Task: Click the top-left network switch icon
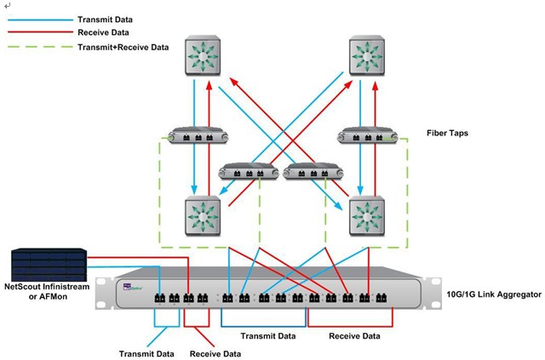pos(204,57)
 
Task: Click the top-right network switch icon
pos(367,57)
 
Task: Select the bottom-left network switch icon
pos(204,216)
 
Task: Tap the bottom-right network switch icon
pos(367,216)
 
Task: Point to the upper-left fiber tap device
pos(196,136)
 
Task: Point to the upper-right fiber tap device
pos(368,136)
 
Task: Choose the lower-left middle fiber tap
pos(250,173)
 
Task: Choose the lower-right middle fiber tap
pos(313,173)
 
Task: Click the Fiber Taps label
pos(448,134)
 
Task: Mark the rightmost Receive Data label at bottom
pos(354,336)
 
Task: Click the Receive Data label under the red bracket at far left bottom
pos(215,352)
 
